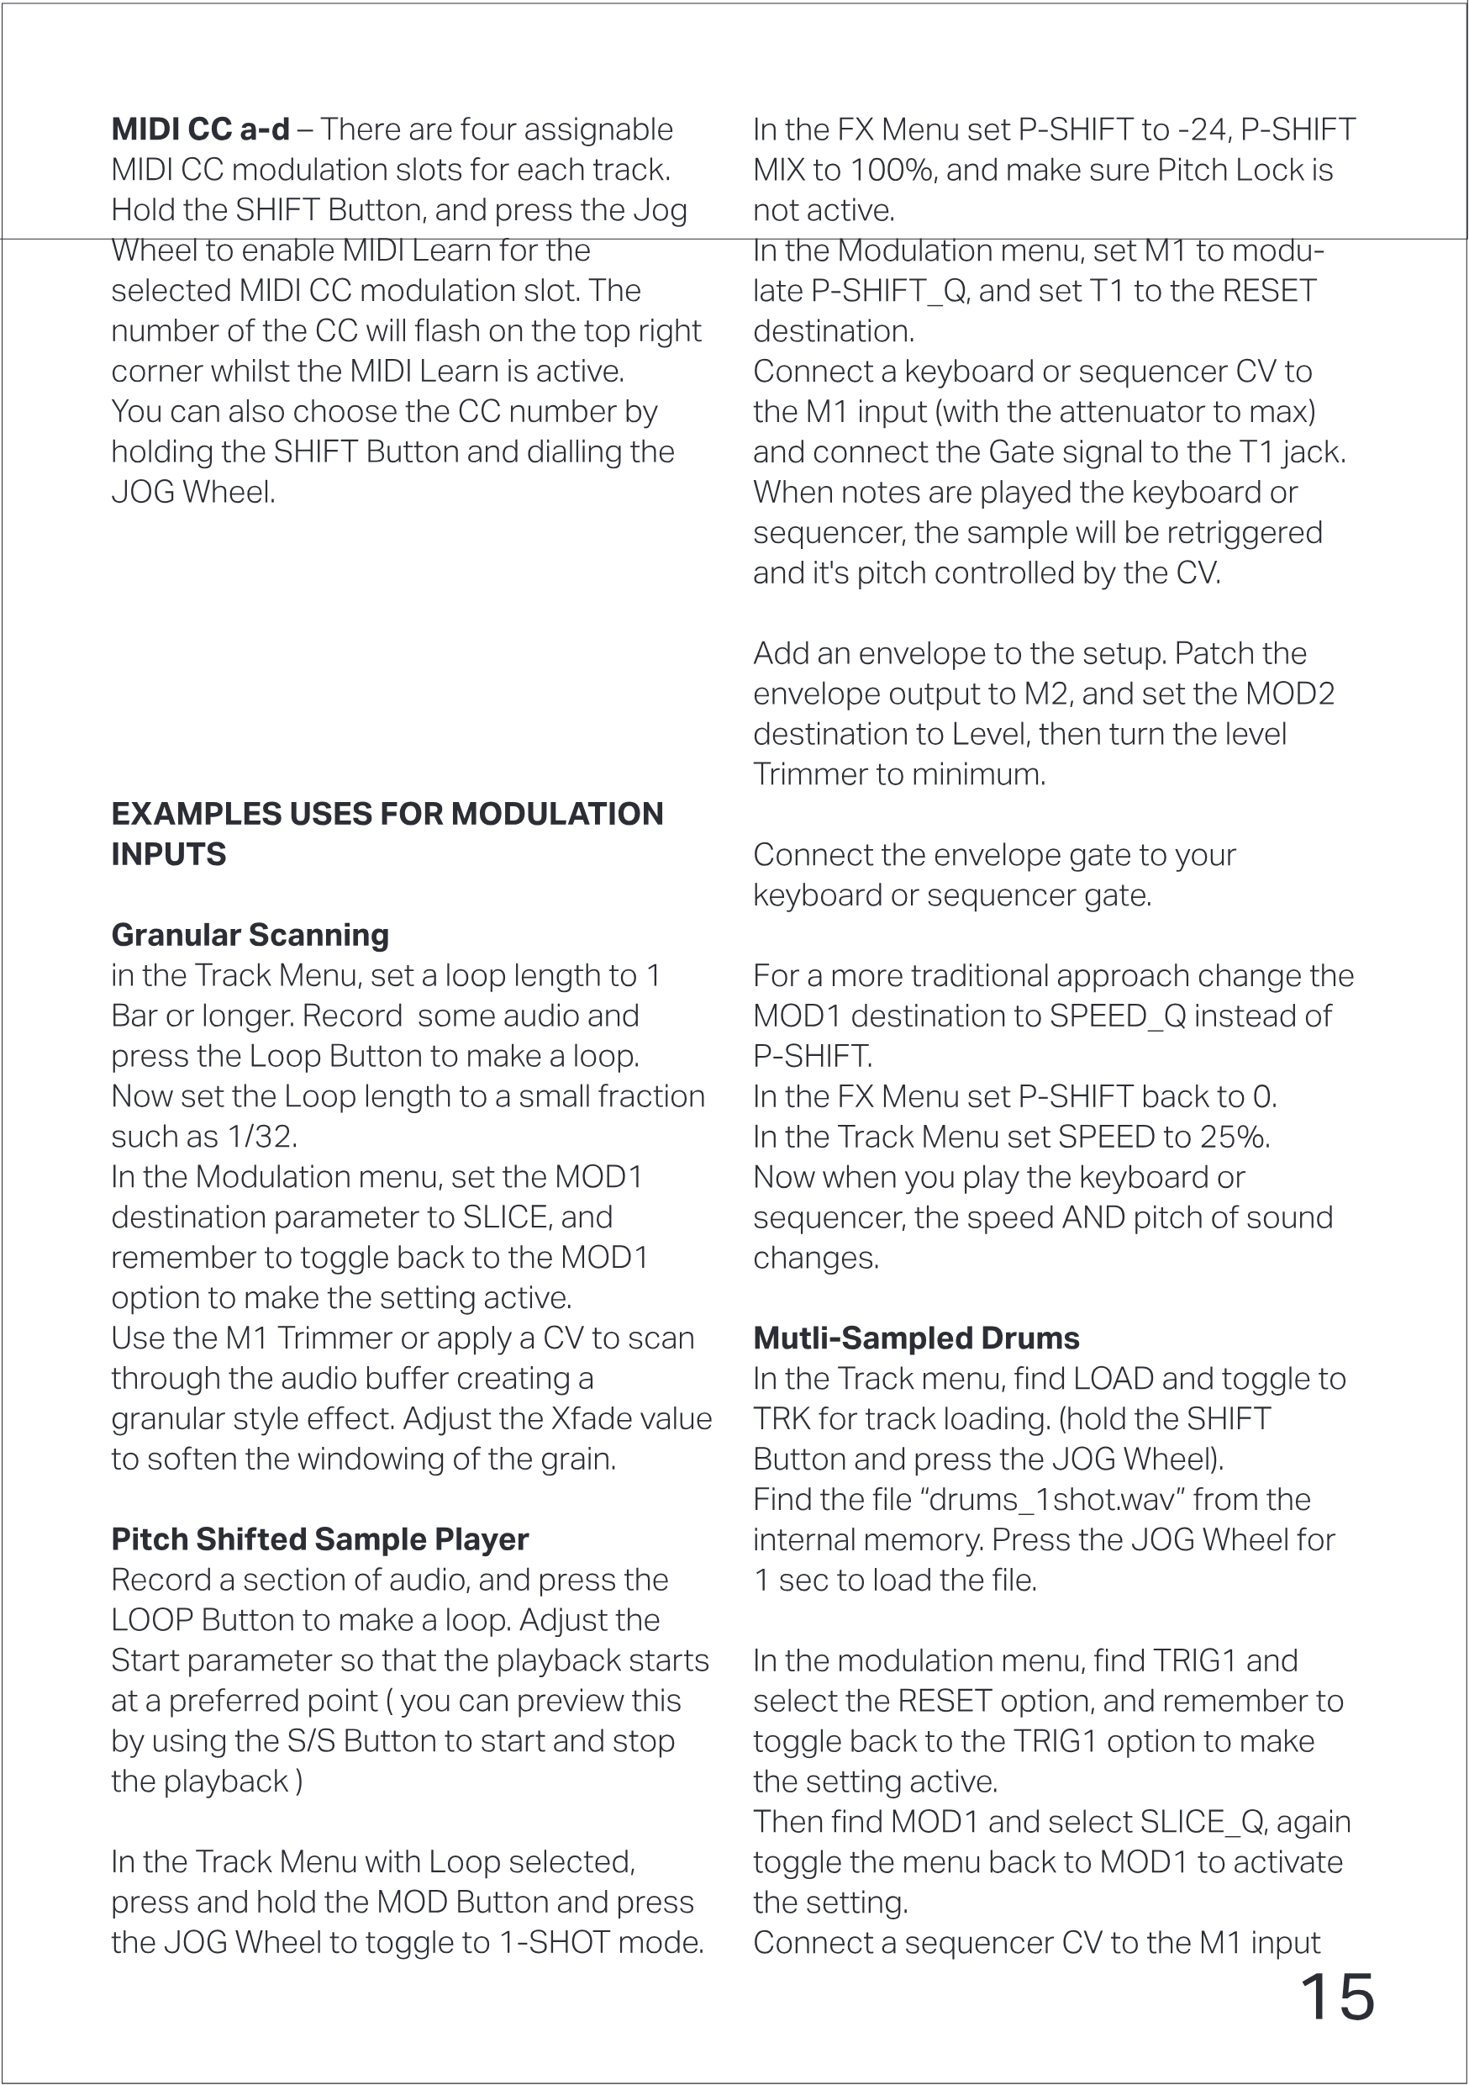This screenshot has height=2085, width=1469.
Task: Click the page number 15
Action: coord(1337,1998)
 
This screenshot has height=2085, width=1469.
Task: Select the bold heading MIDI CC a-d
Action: coord(201,129)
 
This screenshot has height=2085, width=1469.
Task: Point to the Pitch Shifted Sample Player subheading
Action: coord(319,1539)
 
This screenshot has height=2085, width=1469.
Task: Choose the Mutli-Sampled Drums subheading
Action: coord(916,1338)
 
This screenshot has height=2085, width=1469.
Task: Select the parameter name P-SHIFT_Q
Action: coord(889,291)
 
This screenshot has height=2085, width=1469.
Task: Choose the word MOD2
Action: coord(1289,693)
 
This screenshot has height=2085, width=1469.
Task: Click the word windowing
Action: coord(374,1459)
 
